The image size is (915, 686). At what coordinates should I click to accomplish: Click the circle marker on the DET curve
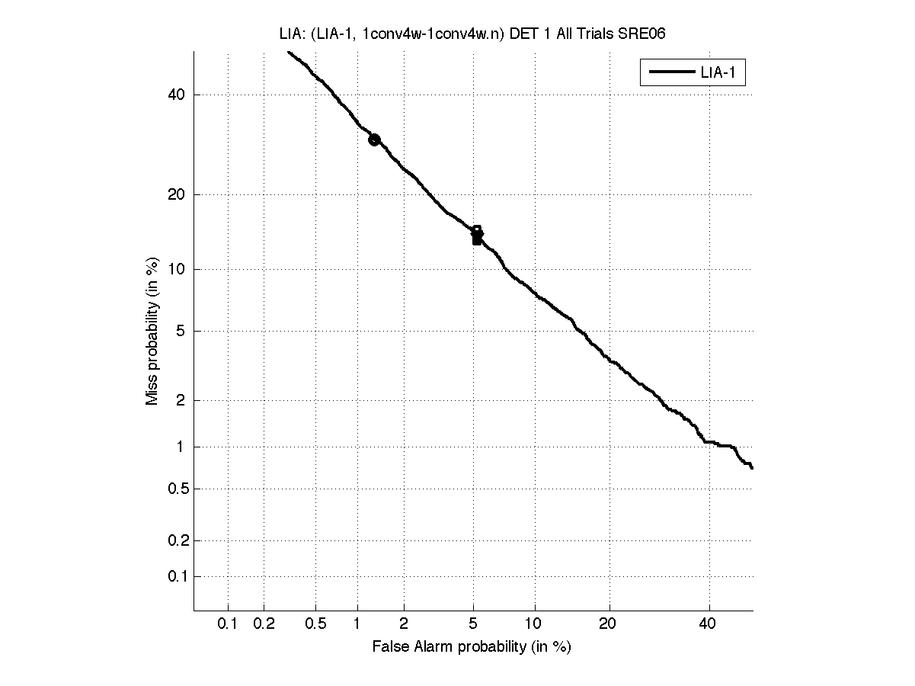click(374, 139)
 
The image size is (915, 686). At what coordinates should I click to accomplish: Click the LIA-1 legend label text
click(718, 74)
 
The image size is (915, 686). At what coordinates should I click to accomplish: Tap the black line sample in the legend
click(670, 74)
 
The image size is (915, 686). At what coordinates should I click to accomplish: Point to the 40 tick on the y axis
click(176, 95)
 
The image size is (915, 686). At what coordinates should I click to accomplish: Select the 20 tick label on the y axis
click(176, 194)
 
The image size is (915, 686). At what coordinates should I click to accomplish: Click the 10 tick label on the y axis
click(176, 269)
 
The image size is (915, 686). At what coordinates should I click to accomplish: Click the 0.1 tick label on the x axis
click(228, 624)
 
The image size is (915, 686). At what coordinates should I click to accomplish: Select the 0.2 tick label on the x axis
click(264, 624)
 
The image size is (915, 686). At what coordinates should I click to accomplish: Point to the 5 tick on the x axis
click(473, 624)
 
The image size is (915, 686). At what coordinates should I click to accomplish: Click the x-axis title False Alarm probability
click(472, 647)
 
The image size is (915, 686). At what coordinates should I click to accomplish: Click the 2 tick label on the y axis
click(180, 400)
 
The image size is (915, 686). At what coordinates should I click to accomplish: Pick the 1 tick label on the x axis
click(357, 624)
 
